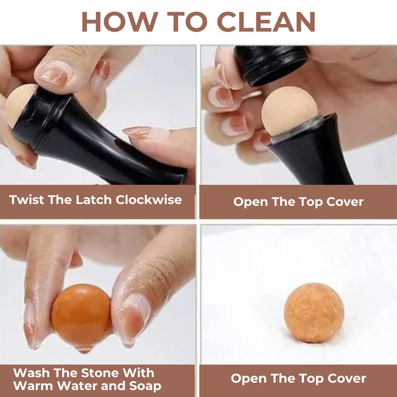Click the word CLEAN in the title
pyautogui.click(x=266, y=22)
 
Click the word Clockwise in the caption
pyautogui.click(x=149, y=200)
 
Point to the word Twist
pyautogui.click(x=27, y=200)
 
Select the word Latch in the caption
pyautogui.click(x=94, y=200)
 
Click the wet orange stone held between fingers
pyautogui.click(x=81, y=314)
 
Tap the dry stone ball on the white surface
pyautogui.click(x=314, y=313)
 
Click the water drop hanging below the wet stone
pyautogui.click(x=84, y=349)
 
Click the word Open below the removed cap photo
pyautogui.click(x=250, y=202)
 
